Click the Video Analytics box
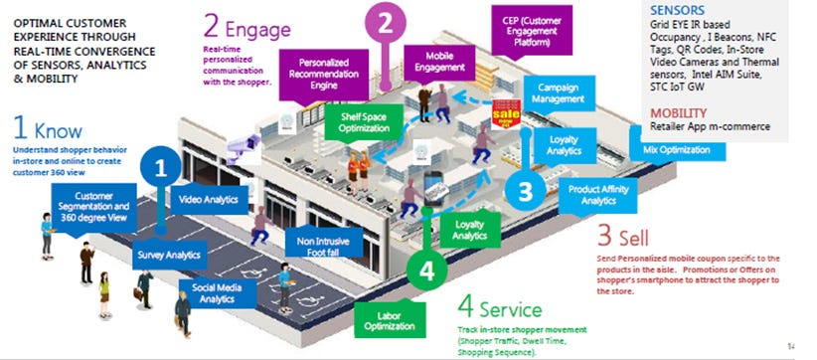coord(207,200)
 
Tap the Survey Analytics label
coord(168,256)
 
